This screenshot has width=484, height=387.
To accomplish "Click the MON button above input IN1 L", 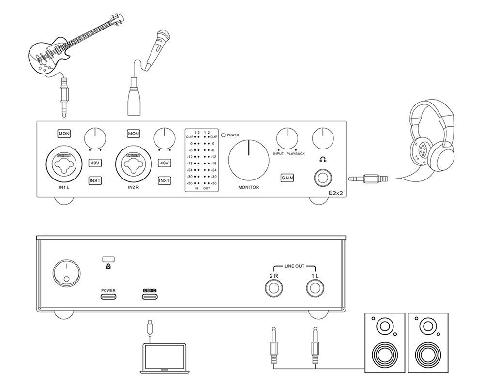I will pos(64,134).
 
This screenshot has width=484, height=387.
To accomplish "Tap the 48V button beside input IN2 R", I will pos(165,163).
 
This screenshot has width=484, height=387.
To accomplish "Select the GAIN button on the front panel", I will pos(287,178).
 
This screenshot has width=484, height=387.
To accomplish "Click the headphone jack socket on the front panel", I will pos(322,178).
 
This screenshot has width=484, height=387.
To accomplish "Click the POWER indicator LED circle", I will pos(223,135).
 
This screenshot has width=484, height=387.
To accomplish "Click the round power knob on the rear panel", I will pos(64,272).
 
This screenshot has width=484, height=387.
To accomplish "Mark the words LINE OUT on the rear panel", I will pos(294,266).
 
